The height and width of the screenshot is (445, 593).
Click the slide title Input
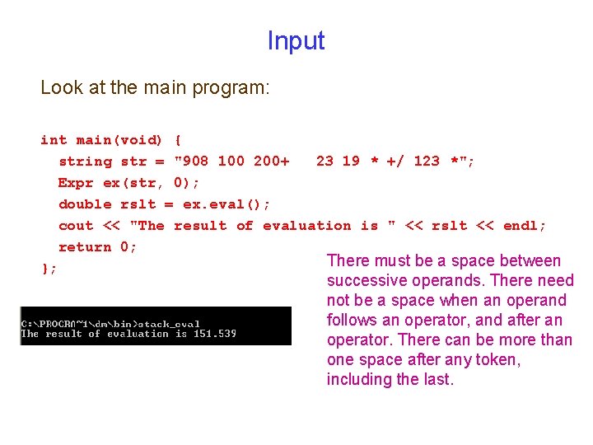(x=296, y=40)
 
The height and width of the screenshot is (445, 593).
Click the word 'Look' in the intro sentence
(x=59, y=87)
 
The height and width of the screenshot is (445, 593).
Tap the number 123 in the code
(x=427, y=161)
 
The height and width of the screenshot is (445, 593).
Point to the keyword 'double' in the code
(x=85, y=204)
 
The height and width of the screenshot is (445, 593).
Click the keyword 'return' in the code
(x=85, y=246)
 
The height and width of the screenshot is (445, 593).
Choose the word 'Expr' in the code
(x=76, y=182)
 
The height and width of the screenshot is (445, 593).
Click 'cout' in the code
(x=76, y=225)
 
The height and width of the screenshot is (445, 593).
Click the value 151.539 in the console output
(x=217, y=334)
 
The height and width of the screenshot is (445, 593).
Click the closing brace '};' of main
(x=49, y=268)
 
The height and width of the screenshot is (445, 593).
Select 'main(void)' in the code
(x=119, y=139)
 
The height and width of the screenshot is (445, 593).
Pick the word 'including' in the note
(x=360, y=379)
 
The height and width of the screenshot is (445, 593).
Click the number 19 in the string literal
(x=351, y=161)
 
